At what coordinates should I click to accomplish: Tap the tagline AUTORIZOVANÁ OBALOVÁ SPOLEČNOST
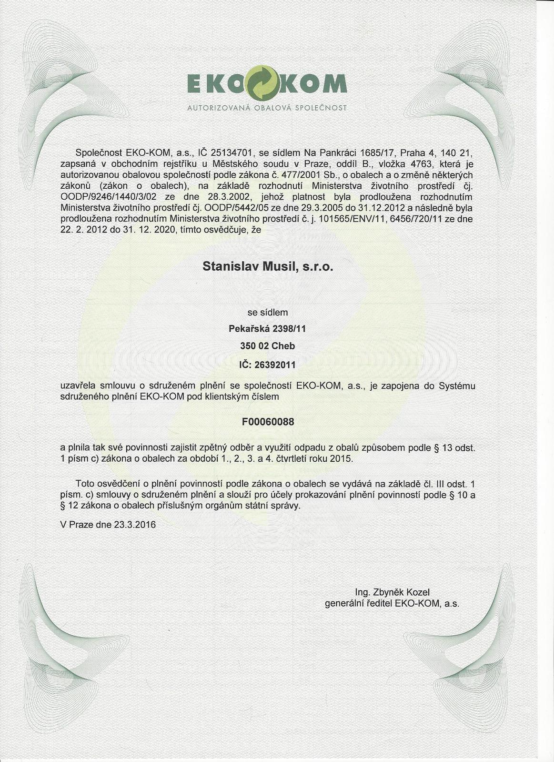pos(267,107)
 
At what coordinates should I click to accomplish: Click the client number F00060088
pos(268,422)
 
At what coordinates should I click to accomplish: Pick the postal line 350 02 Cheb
pos(268,346)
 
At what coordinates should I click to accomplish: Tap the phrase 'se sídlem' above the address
pos(268,313)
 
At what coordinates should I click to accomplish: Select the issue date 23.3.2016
pos(135,525)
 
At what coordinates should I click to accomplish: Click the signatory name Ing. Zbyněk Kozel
pos(393,592)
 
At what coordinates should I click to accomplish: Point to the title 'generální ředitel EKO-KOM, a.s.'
pos(392,604)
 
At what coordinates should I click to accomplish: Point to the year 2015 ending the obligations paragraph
pos(341,459)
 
